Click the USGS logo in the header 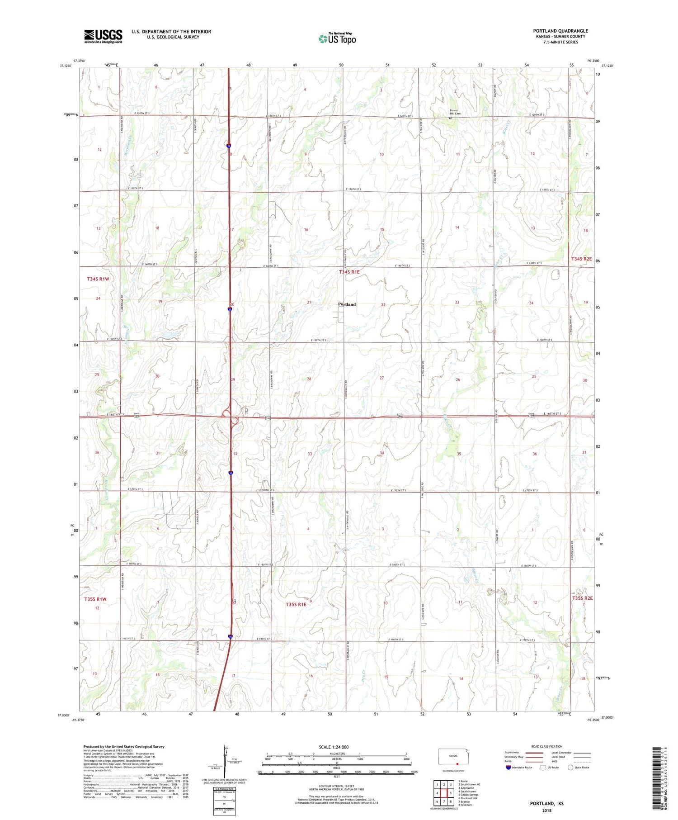click(x=103, y=36)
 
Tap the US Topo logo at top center click(x=337, y=39)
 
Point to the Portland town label click(x=347, y=304)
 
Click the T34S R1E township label click(x=349, y=272)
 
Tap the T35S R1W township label click(x=95, y=599)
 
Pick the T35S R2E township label click(x=582, y=598)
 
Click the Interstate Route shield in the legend click(x=508, y=767)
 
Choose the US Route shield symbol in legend click(x=543, y=767)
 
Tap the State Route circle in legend click(x=570, y=767)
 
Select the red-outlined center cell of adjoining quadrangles click(x=444, y=793)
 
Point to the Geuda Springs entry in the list click(x=469, y=795)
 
